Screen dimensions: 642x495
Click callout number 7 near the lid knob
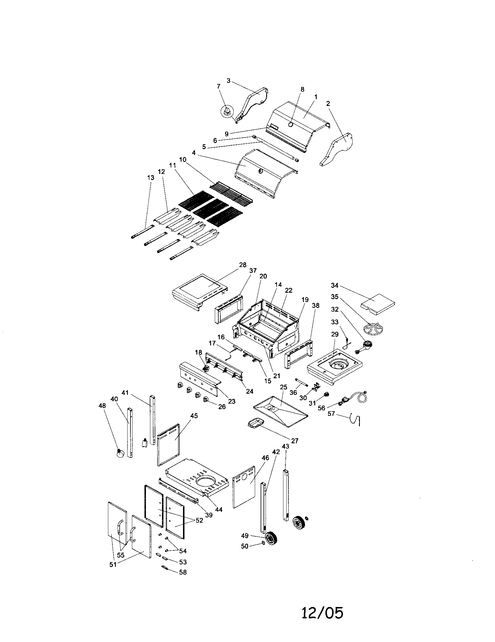[218, 86]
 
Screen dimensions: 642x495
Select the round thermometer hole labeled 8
[291, 124]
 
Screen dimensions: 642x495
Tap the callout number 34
[334, 285]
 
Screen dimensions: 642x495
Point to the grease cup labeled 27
[255, 424]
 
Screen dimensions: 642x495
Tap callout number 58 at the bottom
[183, 572]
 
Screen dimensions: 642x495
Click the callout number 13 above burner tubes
[151, 177]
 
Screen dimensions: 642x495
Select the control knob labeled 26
[206, 399]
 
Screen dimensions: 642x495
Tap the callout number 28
[243, 265]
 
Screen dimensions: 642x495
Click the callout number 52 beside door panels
[199, 520]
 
